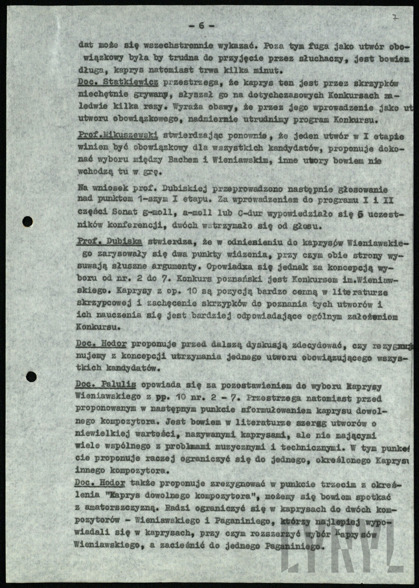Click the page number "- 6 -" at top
tap(201, 26)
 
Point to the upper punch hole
tap(28, 221)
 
